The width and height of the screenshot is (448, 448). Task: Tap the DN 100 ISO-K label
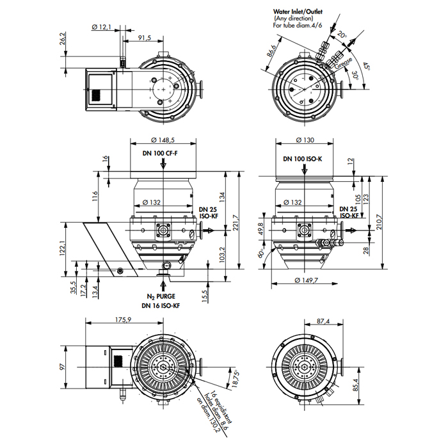(x=302, y=157)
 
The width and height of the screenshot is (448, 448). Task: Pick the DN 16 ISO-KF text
(x=161, y=306)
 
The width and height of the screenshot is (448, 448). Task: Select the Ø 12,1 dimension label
(x=101, y=27)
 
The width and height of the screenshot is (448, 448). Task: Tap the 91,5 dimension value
(x=144, y=38)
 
